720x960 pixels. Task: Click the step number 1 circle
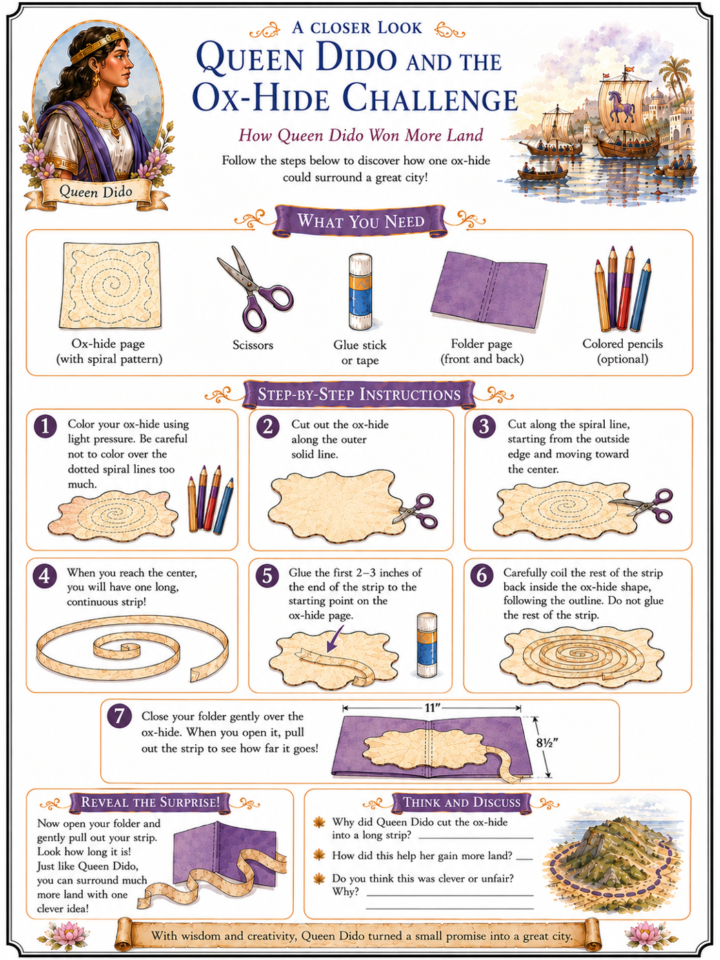(x=45, y=426)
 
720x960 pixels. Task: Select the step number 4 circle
(x=45, y=576)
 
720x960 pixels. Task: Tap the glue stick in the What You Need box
(x=360, y=292)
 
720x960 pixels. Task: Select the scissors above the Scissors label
(x=254, y=288)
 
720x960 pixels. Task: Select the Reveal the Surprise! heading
(x=150, y=801)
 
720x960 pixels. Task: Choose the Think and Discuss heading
(x=461, y=801)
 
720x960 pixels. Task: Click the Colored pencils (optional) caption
(x=623, y=351)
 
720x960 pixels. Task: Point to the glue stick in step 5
(x=426, y=645)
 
